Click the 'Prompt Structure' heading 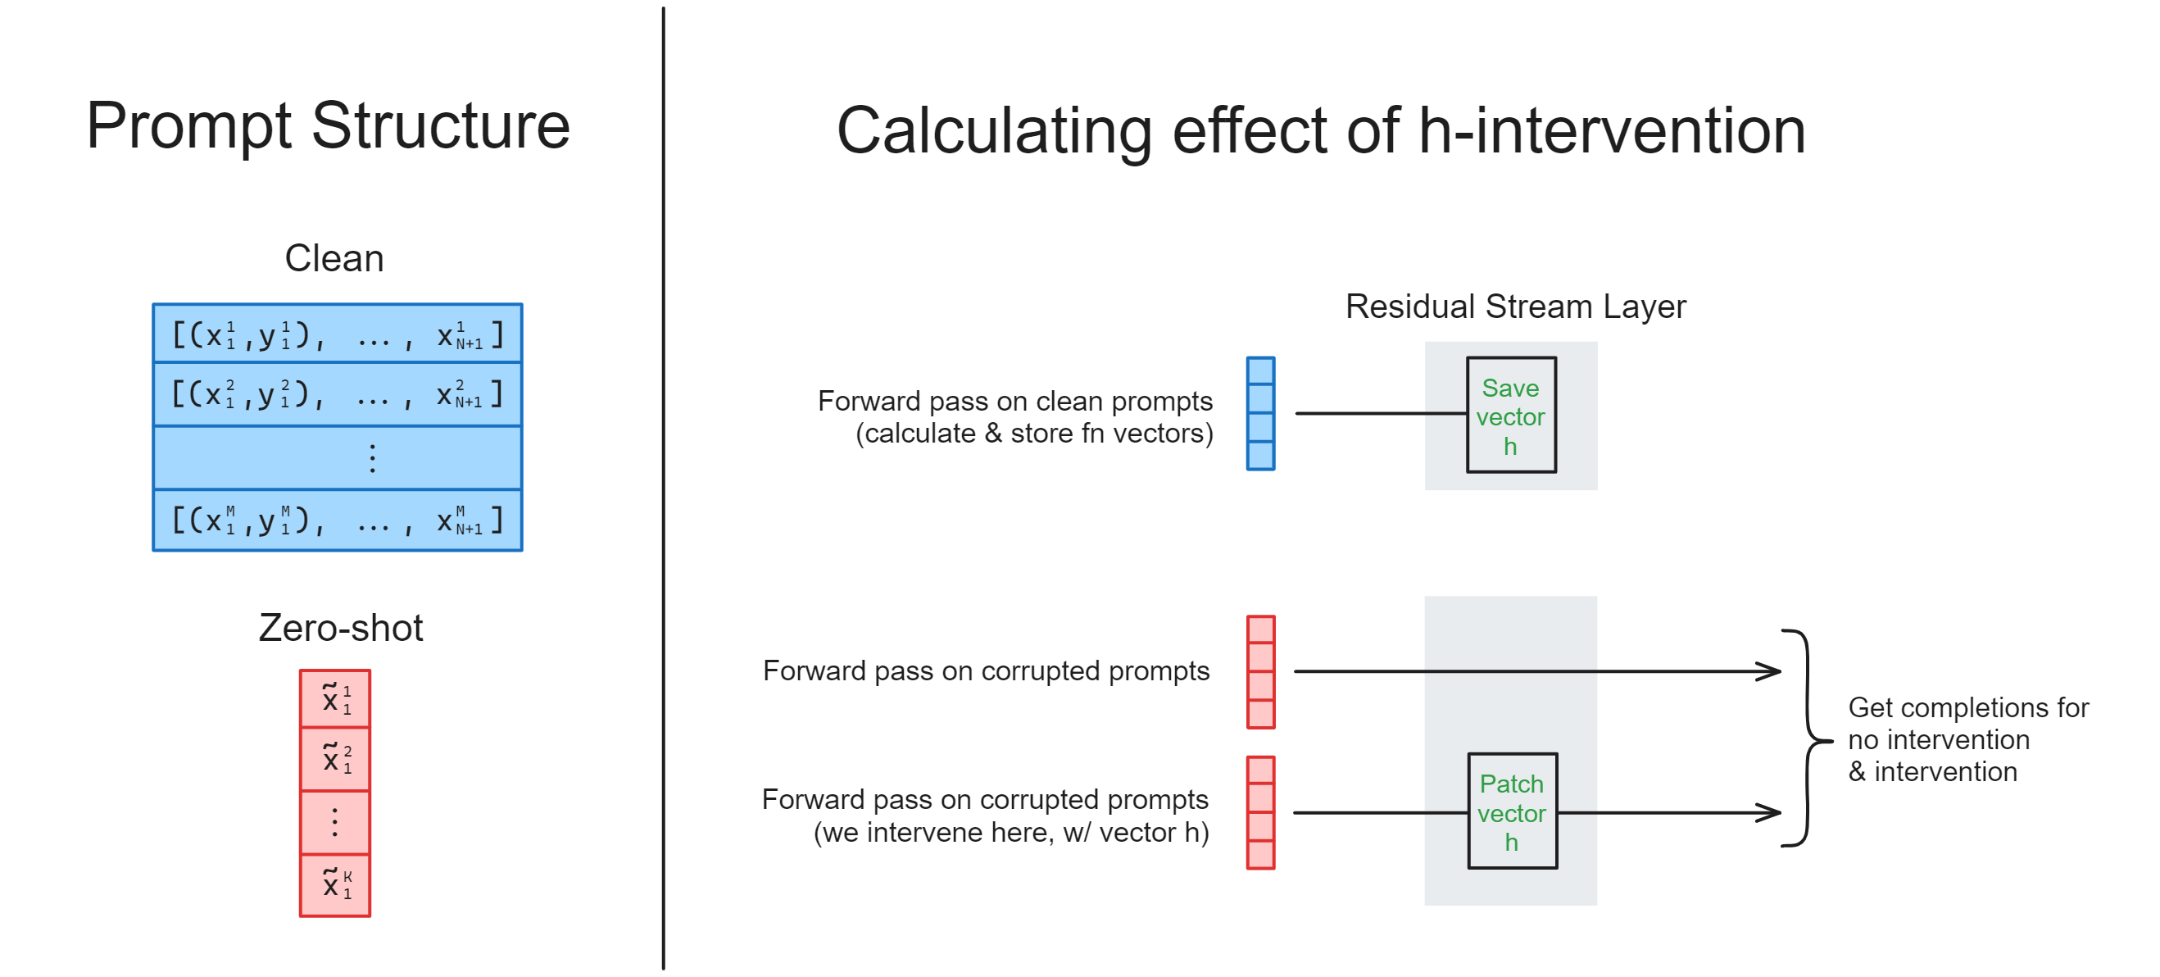coord(328,125)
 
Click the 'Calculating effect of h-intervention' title coord(1321,131)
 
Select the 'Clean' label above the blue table coord(334,258)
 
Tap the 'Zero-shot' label coord(340,627)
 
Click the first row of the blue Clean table coord(337,334)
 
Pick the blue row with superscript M coord(337,520)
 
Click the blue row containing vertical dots coord(337,458)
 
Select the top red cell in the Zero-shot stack coord(334,698)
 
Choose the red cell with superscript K coord(334,884)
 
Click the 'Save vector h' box coord(1510,415)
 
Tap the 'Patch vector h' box coord(1511,811)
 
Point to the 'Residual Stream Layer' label coord(1514,306)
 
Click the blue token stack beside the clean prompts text coord(1259,413)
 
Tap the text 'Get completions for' coord(1967,707)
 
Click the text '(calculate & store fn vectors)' coord(1033,433)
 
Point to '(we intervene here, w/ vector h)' coord(1010,832)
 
